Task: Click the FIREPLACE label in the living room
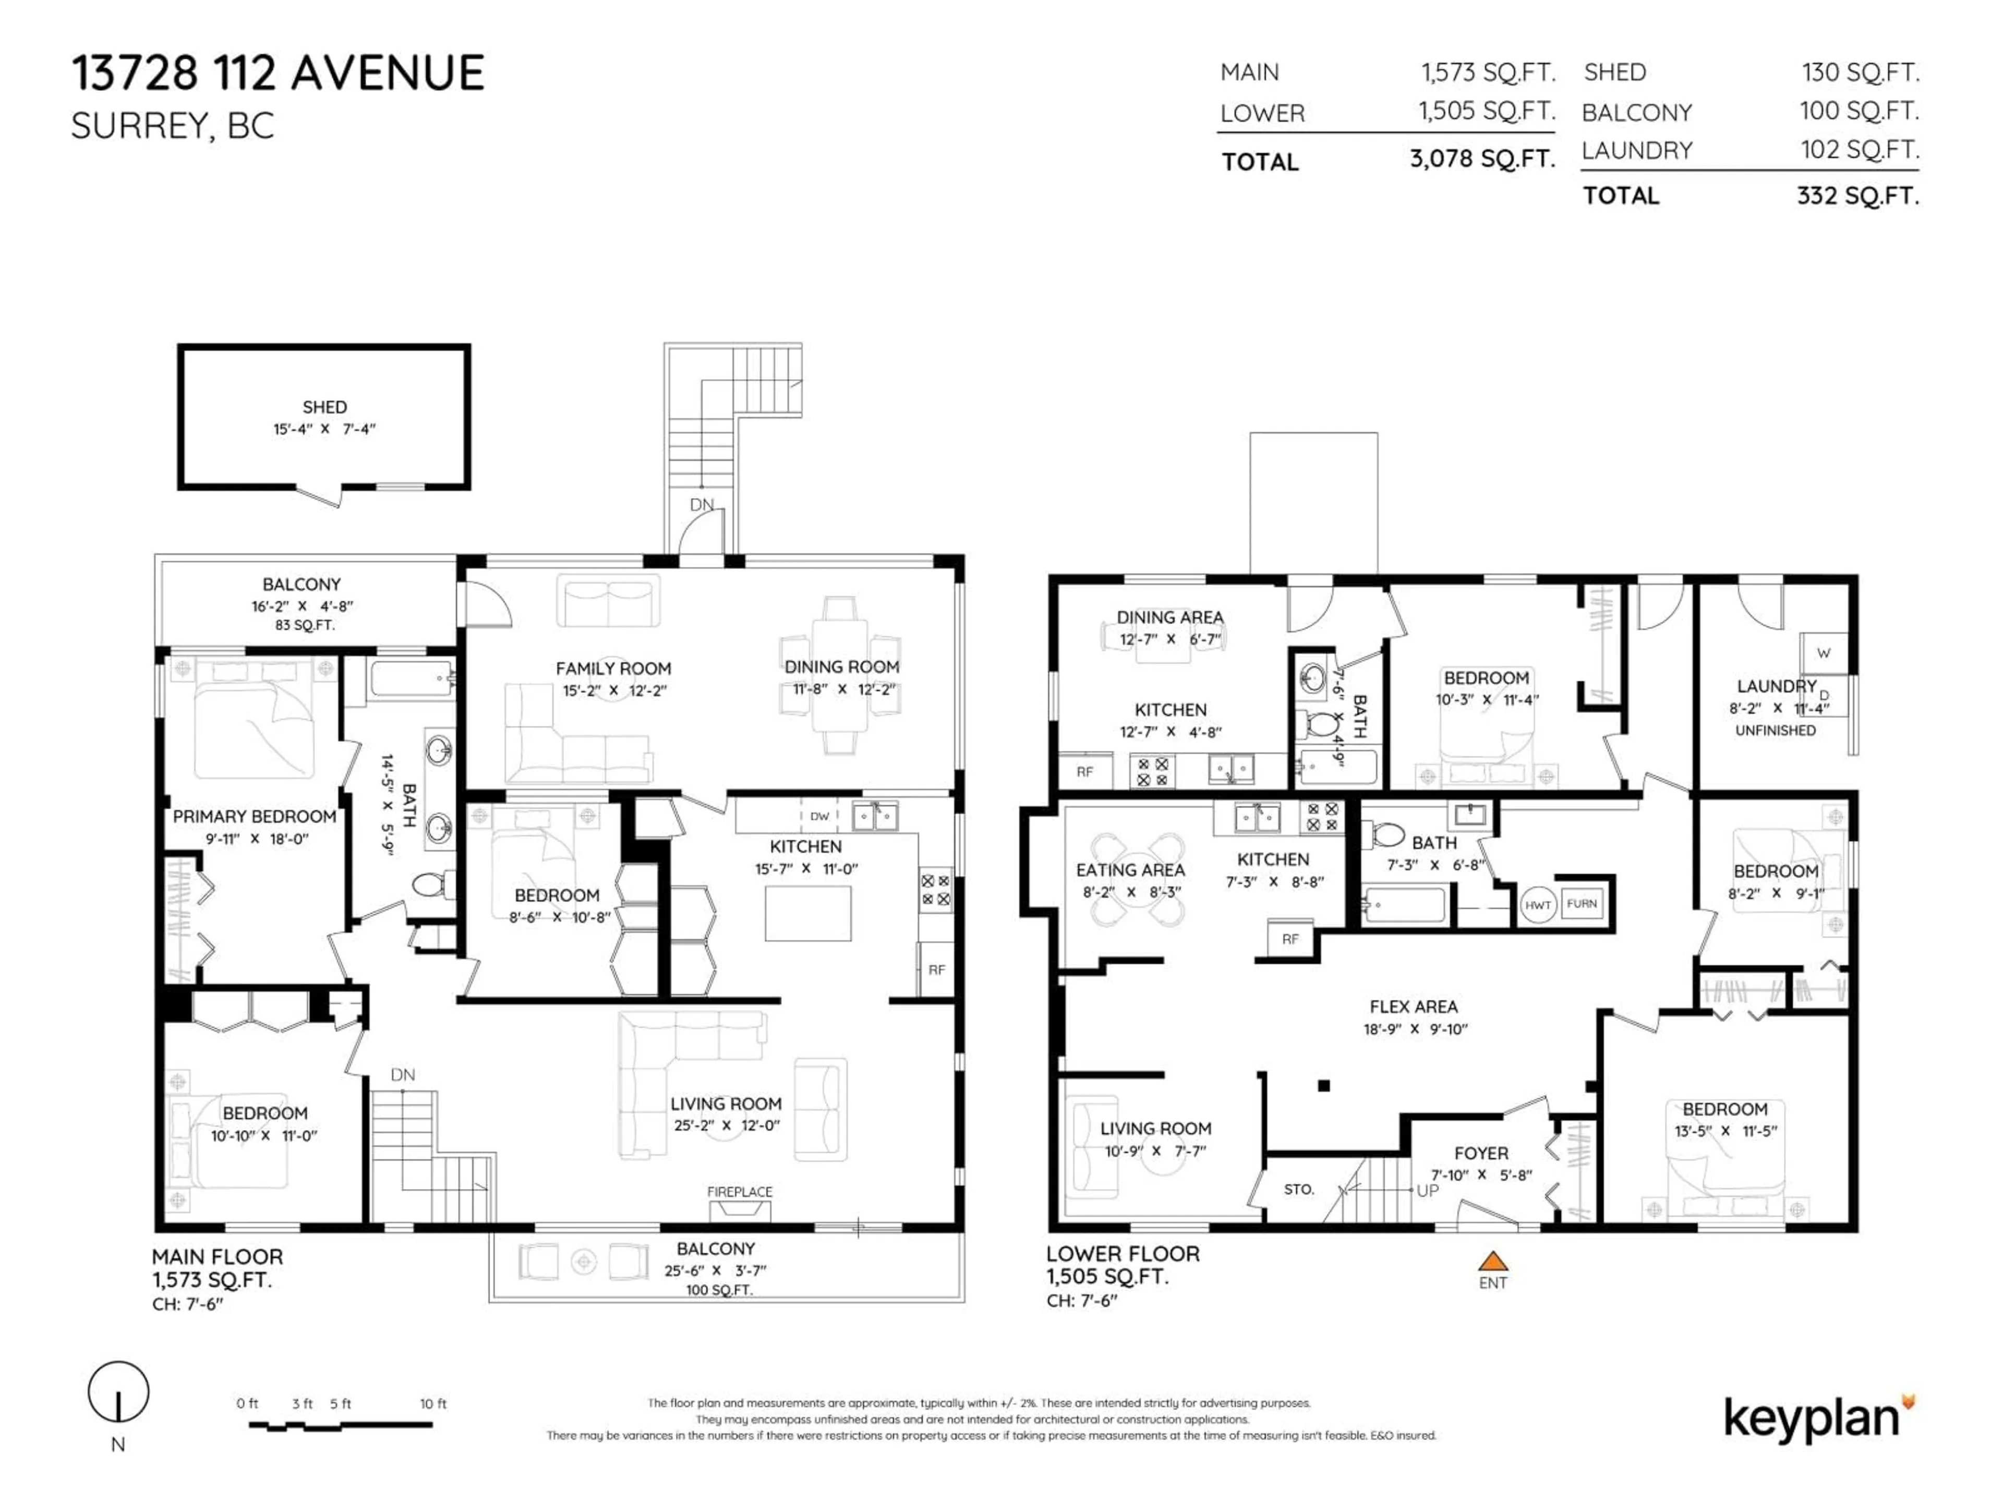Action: point(740,1192)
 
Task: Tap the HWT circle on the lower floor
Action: point(1538,904)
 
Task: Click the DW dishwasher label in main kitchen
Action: point(819,816)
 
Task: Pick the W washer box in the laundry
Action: point(1824,653)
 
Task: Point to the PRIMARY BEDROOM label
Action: point(255,817)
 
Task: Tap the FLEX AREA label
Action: point(1414,1007)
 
